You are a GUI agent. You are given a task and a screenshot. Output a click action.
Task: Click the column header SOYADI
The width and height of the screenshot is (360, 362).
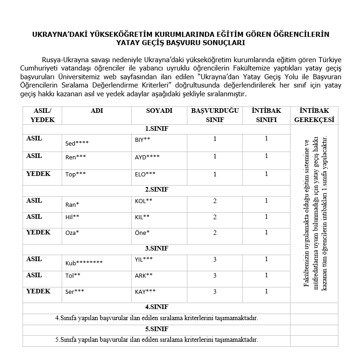(x=159, y=111)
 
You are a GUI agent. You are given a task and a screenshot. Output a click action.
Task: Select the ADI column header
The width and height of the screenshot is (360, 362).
(x=97, y=111)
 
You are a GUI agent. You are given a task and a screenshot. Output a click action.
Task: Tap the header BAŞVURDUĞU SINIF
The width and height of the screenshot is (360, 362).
(x=215, y=115)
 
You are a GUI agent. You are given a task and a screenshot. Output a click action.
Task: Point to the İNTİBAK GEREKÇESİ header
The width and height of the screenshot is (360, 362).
(x=314, y=115)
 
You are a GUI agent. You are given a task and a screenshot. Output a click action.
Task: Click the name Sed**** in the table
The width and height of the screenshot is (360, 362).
(x=77, y=143)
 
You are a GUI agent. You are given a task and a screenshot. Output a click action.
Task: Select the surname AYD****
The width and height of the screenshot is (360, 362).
(x=147, y=157)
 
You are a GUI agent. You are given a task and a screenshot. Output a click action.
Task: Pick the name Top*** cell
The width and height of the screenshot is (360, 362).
(x=75, y=175)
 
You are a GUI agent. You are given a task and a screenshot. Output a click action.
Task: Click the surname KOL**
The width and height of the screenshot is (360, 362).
(x=143, y=201)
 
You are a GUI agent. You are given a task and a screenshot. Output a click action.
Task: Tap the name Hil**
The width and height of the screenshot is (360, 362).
(x=72, y=217)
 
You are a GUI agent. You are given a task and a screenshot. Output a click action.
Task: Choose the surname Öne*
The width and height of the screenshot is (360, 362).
(x=142, y=233)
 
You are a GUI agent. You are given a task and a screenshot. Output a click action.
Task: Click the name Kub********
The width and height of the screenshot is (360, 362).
(x=84, y=263)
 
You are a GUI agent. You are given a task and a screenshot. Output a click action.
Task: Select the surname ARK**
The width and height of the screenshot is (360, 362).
(x=144, y=275)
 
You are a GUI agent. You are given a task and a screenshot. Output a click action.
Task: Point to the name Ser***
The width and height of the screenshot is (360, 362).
(x=75, y=292)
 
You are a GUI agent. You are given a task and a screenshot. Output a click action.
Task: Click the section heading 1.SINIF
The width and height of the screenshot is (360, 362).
(x=157, y=128)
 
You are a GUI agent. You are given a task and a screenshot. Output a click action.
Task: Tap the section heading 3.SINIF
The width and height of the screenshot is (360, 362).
(x=157, y=248)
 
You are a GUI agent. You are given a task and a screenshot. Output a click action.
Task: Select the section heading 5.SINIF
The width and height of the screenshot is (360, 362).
(x=157, y=329)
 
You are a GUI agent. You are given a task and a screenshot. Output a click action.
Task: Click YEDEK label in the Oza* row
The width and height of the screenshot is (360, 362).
(x=38, y=232)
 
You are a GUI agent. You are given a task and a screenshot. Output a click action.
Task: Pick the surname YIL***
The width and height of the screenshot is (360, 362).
(x=144, y=259)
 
